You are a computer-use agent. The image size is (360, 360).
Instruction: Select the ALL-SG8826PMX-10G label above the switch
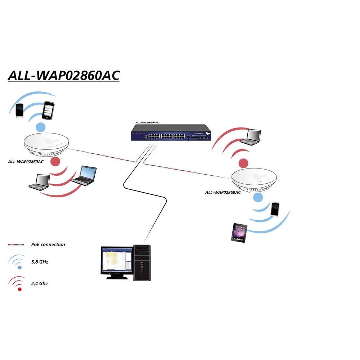(x=147, y=123)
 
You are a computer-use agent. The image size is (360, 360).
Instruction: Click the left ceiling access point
(x=46, y=145)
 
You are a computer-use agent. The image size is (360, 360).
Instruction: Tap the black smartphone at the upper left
(x=48, y=110)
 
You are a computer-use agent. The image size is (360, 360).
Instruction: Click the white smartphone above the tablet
(x=275, y=209)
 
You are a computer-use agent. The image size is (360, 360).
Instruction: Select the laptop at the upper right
(x=251, y=137)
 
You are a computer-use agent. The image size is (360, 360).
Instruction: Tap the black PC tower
(x=142, y=262)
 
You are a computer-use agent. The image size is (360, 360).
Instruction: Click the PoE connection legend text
(x=48, y=244)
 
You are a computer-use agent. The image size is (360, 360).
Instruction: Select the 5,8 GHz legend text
(x=40, y=262)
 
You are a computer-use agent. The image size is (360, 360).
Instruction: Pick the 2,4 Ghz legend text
(x=39, y=283)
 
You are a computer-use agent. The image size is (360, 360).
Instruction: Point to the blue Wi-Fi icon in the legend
(x=18, y=262)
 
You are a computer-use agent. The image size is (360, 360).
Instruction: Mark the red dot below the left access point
(x=55, y=161)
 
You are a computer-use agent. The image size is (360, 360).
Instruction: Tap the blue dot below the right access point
(x=258, y=197)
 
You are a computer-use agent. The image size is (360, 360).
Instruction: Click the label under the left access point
(x=26, y=161)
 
